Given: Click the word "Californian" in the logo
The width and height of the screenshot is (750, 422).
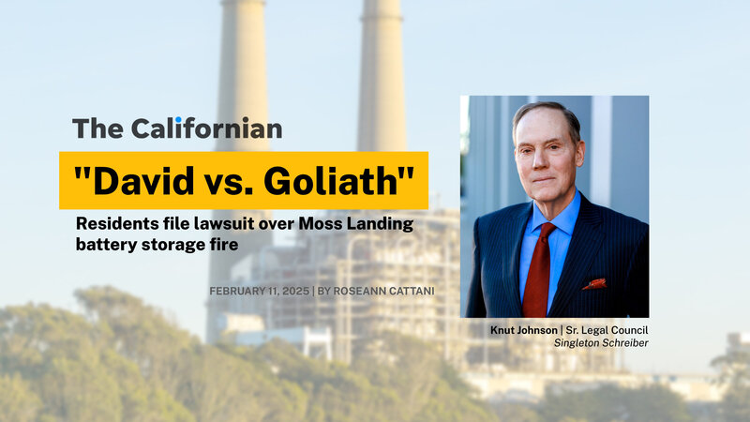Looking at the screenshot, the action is click(x=206, y=128).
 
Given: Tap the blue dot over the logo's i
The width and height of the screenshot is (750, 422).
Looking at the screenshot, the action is click(x=178, y=120).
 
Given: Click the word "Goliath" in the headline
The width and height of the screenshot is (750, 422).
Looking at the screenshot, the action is click(x=331, y=181).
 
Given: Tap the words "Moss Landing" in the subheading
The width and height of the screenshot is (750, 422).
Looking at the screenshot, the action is click(x=356, y=223).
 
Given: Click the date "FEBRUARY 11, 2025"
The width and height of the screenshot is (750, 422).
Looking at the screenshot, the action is click(x=260, y=291).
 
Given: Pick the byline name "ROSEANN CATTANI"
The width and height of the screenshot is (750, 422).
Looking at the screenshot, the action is click(x=383, y=291).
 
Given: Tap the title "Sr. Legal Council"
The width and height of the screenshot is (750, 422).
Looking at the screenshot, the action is click(x=607, y=330).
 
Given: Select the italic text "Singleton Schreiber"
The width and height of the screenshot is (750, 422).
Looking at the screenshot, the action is click(x=601, y=343).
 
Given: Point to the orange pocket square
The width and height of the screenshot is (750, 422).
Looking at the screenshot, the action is click(x=595, y=284).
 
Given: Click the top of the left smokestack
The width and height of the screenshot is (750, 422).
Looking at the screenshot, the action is click(x=243, y=2).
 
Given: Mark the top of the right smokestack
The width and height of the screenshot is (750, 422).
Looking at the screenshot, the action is click(x=382, y=2).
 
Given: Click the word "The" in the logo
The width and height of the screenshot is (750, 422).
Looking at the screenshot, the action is click(x=98, y=128).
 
